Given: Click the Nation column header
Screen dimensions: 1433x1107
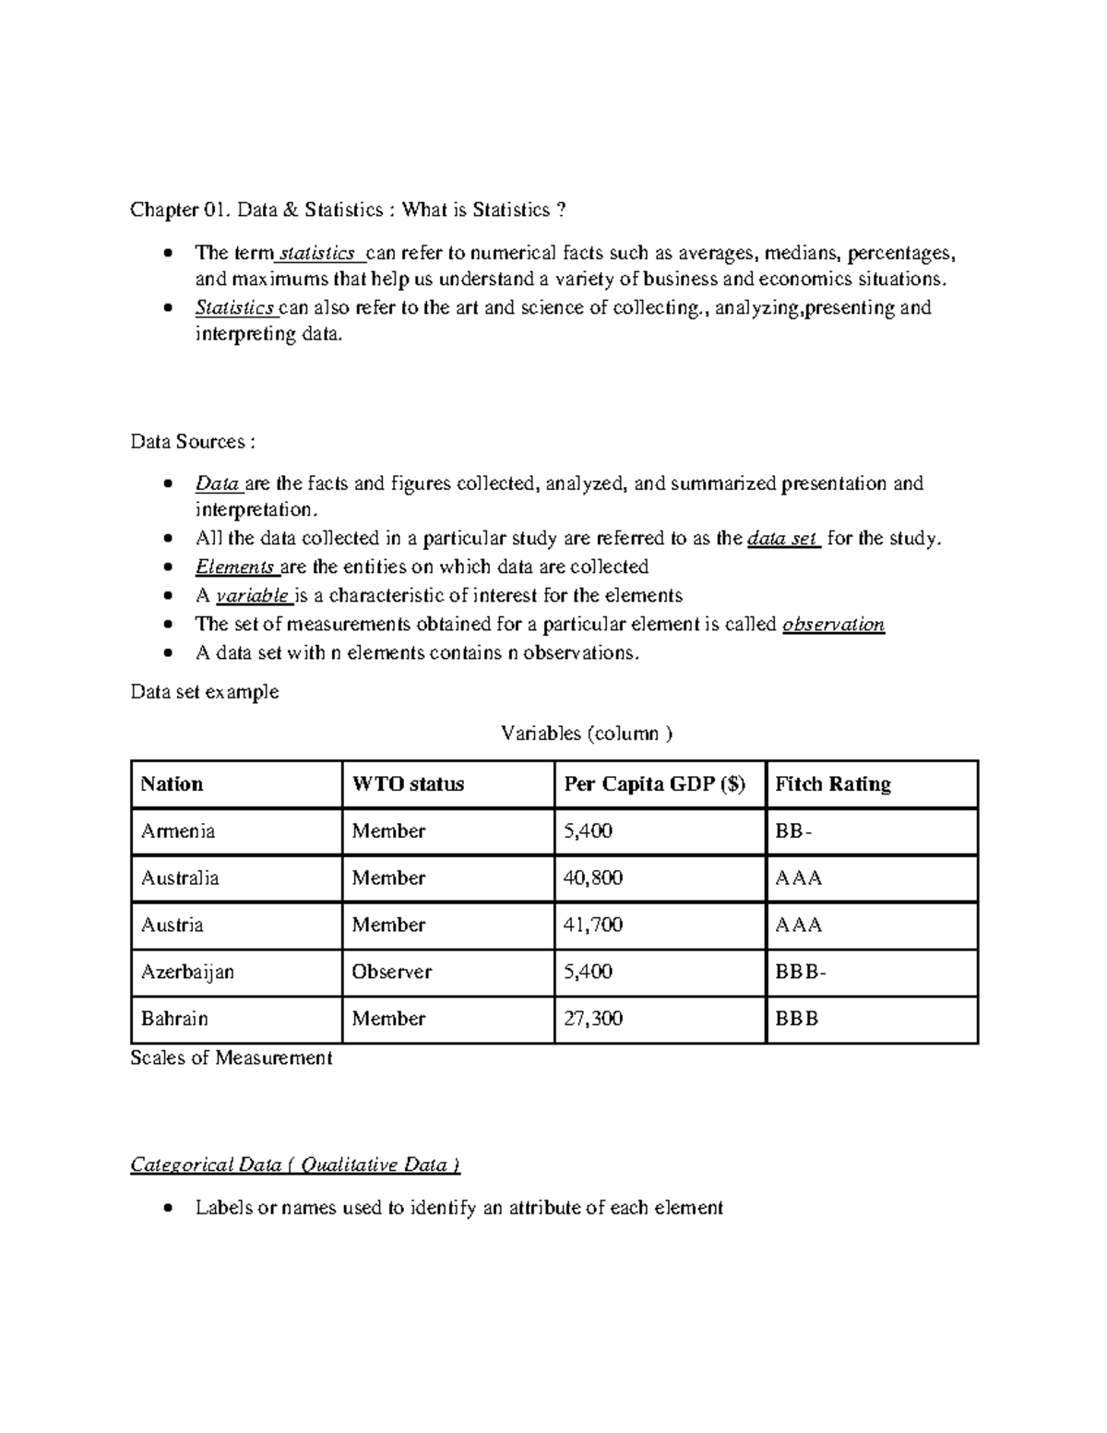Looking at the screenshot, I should tap(172, 784).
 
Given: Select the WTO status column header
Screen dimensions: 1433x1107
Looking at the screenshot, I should tap(408, 784).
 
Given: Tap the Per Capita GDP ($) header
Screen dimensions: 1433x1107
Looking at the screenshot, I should tap(654, 784).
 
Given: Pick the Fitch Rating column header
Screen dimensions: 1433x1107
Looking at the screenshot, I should tap(833, 784).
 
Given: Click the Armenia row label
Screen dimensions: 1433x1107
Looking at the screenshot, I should tap(178, 831).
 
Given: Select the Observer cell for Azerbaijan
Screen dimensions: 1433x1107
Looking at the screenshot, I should tap(392, 972).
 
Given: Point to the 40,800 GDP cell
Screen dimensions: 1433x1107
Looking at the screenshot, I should tap(593, 878).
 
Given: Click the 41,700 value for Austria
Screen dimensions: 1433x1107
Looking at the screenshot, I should tap(593, 925).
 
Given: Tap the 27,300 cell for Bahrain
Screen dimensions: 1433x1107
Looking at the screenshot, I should tap(593, 1019).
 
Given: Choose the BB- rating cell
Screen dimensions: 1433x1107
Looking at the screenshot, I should tap(793, 831).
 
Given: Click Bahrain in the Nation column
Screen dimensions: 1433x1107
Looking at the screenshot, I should tap(174, 1019).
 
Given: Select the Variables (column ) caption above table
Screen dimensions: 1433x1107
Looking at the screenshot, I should tap(587, 734).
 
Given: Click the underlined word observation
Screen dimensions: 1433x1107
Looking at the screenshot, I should tap(833, 625).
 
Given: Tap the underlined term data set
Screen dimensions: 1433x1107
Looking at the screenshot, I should tap(781, 539).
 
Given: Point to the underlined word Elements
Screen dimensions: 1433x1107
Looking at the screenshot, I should tap(234, 567).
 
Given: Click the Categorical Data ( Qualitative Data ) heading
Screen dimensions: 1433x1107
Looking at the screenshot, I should tap(295, 1164).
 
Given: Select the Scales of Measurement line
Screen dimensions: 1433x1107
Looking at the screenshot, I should tap(231, 1058).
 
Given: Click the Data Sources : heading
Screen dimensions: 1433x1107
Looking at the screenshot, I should tap(188, 442).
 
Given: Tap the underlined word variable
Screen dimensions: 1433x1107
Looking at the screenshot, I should tap(251, 596).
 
